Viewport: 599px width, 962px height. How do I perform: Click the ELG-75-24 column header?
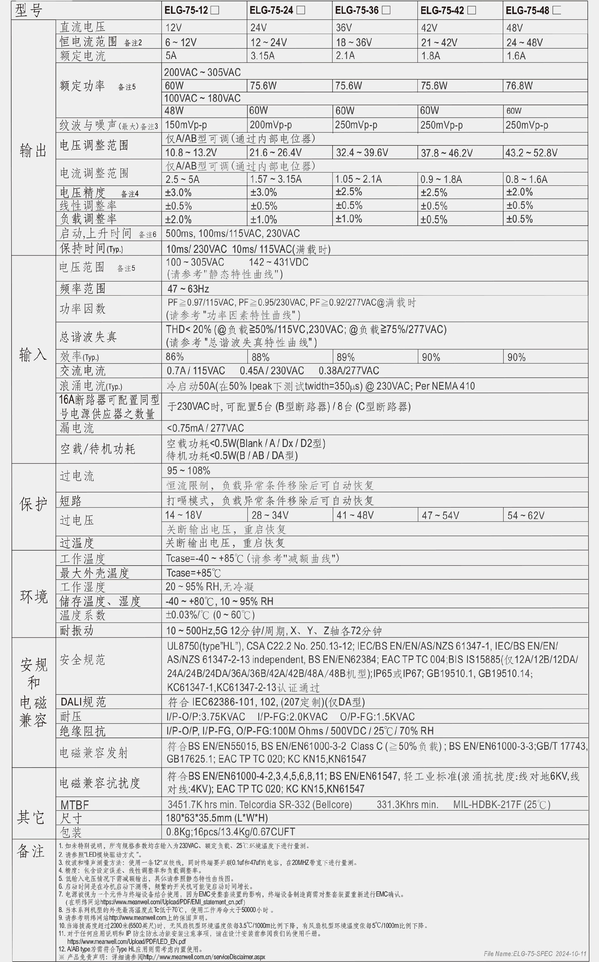[x=271, y=11]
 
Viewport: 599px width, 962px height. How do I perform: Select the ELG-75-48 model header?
[x=527, y=11]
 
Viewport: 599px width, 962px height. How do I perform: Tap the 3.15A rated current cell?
[x=262, y=56]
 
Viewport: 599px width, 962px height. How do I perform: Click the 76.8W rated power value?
[x=519, y=86]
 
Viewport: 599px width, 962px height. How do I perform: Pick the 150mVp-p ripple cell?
[x=186, y=125]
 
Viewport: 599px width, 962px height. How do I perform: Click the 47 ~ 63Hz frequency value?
[x=187, y=288]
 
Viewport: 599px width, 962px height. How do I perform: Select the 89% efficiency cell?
[x=345, y=357]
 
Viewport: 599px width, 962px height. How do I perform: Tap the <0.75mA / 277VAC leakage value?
[x=205, y=428]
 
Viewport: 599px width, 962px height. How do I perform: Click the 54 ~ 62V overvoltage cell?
[x=526, y=515]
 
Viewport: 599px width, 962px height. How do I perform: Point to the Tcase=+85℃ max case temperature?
[x=193, y=573]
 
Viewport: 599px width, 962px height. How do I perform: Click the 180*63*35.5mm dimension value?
[x=217, y=818]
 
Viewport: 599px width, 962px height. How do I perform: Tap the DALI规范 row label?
[x=83, y=702]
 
